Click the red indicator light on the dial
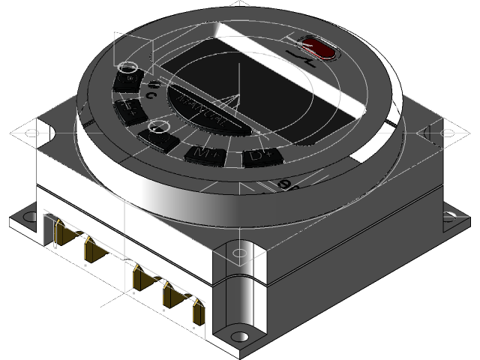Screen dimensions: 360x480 [321, 49]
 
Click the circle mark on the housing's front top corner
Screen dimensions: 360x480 [239, 253]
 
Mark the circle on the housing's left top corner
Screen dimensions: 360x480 [31, 133]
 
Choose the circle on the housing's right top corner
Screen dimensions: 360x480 [448, 133]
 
